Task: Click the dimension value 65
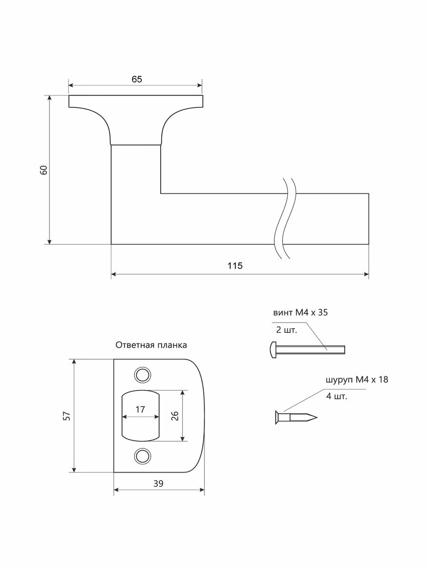click(x=136, y=79)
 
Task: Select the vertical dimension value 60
click(x=44, y=170)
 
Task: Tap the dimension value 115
click(x=235, y=266)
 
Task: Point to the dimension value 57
click(x=68, y=416)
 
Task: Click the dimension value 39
click(x=158, y=484)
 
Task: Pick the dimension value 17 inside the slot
click(x=140, y=409)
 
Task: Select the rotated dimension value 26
click(x=175, y=416)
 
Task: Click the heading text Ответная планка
click(x=151, y=345)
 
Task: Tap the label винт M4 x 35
click(x=301, y=313)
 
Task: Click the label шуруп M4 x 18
click(x=357, y=380)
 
